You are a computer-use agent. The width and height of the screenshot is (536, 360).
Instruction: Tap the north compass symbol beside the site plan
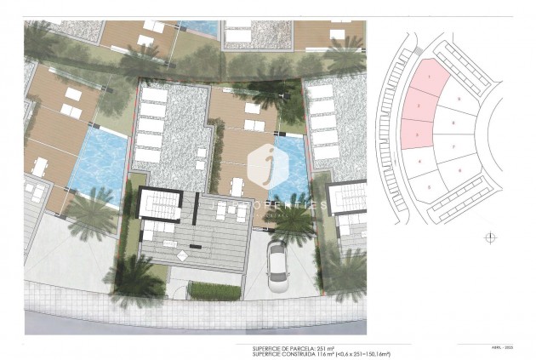click(x=489, y=237)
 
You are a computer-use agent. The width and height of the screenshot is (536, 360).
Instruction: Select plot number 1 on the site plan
click(x=431, y=78)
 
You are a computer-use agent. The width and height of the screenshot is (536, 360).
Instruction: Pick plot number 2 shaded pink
click(x=419, y=106)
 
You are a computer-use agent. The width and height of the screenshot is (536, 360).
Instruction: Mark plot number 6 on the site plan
click(x=459, y=171)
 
